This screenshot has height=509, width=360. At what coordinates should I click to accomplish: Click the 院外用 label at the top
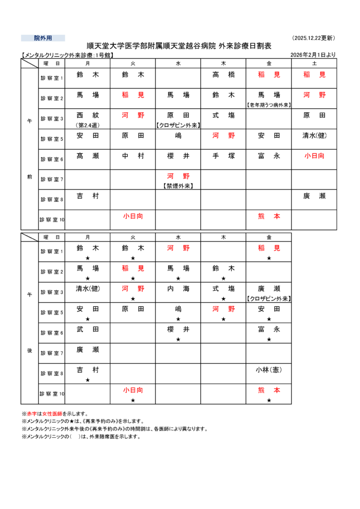[x=43, y=38]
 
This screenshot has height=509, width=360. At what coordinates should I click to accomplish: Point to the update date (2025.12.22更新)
[x=314, y=38]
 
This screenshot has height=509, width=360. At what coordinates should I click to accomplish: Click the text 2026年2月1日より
[x=313, y=55]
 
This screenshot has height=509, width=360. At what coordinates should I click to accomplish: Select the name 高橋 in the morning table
[x=223, y=75]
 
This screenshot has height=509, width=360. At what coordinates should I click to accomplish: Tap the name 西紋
[x=88, y=115]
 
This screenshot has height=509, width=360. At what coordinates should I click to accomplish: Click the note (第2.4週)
[x=88, y=125]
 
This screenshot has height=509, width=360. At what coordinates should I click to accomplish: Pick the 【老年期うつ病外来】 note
[x=269, y=105]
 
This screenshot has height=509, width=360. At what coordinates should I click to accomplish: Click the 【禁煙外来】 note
[x=178, y=186]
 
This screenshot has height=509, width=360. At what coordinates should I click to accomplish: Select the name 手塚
[x=223, y=156]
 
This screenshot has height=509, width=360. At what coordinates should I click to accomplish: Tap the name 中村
[x=133, y=156]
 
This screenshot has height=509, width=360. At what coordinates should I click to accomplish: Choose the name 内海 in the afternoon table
[x=178, y=288]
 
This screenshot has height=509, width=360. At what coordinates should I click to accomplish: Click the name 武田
[x=88, y=329]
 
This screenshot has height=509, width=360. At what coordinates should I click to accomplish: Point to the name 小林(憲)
[x=269, y=370]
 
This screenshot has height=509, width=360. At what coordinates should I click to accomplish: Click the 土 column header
[x=314, y=63]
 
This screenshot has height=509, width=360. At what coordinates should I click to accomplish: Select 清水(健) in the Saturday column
[x=314, y=135]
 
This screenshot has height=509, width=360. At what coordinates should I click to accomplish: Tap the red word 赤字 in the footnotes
[x=33, y=414]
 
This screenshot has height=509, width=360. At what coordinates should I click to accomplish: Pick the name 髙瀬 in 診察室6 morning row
[x=88, y=156]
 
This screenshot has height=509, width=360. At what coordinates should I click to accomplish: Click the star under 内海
[x=178, y=299]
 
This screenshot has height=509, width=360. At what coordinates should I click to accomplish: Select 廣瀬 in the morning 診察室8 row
[x=314, y=196]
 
